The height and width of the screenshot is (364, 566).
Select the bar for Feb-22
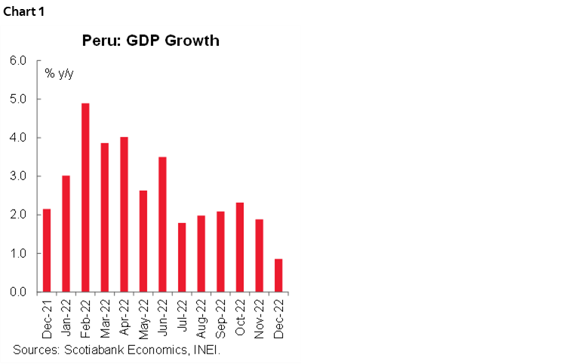click(x=85, y=197)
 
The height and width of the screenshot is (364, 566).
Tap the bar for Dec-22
click(x=278, y=275)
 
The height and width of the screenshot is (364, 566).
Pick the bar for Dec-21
click(x=47, y=250)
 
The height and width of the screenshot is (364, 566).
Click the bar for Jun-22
click(x=162, y=225)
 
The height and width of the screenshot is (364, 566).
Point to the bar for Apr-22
click(x=124, y=214)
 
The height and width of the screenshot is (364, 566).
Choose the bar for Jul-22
click(x=182, y=257)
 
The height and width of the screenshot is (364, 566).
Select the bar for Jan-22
click(x=66, y=234)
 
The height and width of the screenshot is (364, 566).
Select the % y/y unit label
click(x=59, y=73)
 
